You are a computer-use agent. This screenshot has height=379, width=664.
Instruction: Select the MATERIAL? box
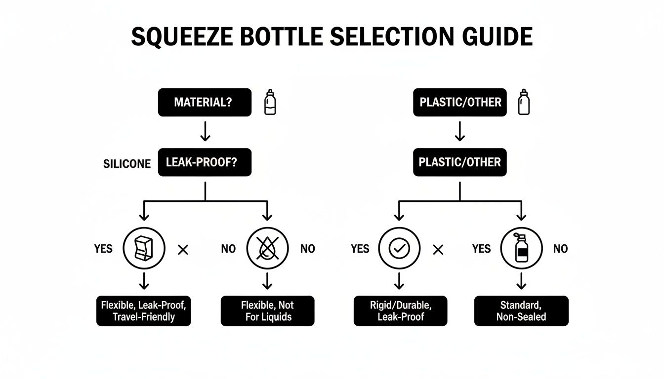click(x=205, y=103)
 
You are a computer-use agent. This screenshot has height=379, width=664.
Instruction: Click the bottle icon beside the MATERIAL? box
click(x=270, y=102)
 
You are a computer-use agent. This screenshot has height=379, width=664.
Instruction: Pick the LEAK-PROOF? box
click(x=205, y=162)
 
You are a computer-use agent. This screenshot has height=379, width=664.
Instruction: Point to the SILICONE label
click(x=127, y=164)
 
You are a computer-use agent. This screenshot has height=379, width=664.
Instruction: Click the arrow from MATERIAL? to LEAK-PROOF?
click(x=205, y=131)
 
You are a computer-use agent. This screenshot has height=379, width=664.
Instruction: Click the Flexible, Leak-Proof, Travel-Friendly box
click(x=143, y=311)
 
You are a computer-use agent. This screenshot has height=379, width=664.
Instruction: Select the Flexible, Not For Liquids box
click(x=267, y=311)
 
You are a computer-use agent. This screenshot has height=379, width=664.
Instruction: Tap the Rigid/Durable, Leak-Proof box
click(x=400, y=311)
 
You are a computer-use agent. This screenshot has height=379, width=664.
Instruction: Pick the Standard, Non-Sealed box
click(x=521, y=311)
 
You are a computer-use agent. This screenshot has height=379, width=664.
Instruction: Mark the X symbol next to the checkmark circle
click(x=437, y=250)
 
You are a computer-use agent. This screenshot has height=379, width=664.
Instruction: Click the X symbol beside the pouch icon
click(x=183, y=250)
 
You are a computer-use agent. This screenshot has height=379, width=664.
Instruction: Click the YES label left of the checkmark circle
click(x=360, y=249)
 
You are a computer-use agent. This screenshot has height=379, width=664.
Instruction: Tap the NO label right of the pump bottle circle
click(x=560, y=249)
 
